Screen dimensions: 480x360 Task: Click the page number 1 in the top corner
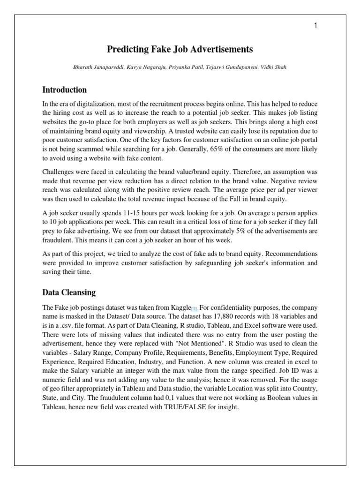(316, 26)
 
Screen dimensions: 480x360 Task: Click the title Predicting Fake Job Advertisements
(180, 49)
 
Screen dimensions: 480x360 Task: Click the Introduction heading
(64, 90)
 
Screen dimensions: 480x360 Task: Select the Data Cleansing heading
(69, 292)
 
